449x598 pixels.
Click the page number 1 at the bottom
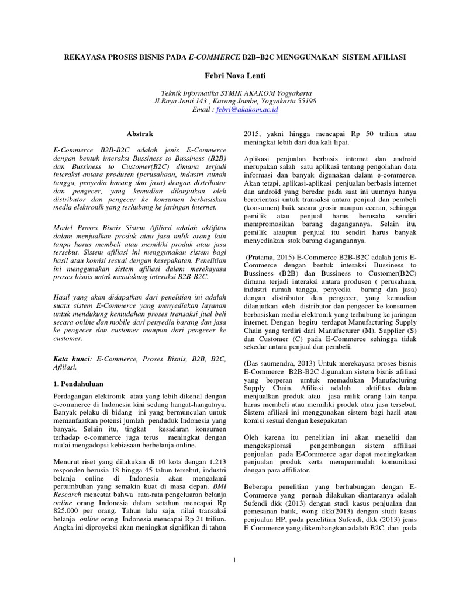pos(233,561)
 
